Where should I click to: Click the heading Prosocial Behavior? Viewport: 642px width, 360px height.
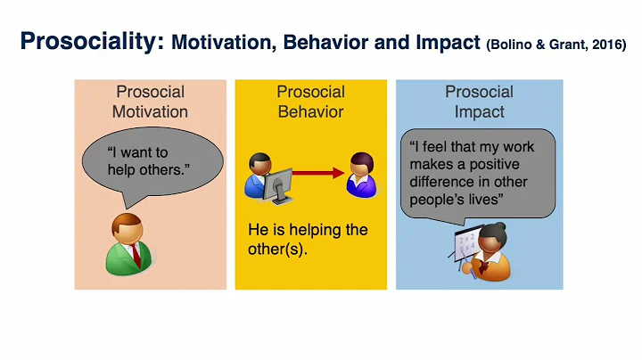click(309, 102)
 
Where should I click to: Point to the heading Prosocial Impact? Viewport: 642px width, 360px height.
click(479, 102)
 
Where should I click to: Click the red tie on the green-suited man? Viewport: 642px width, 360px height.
click(136, 253)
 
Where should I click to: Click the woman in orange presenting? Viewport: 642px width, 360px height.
click(493, 251)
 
